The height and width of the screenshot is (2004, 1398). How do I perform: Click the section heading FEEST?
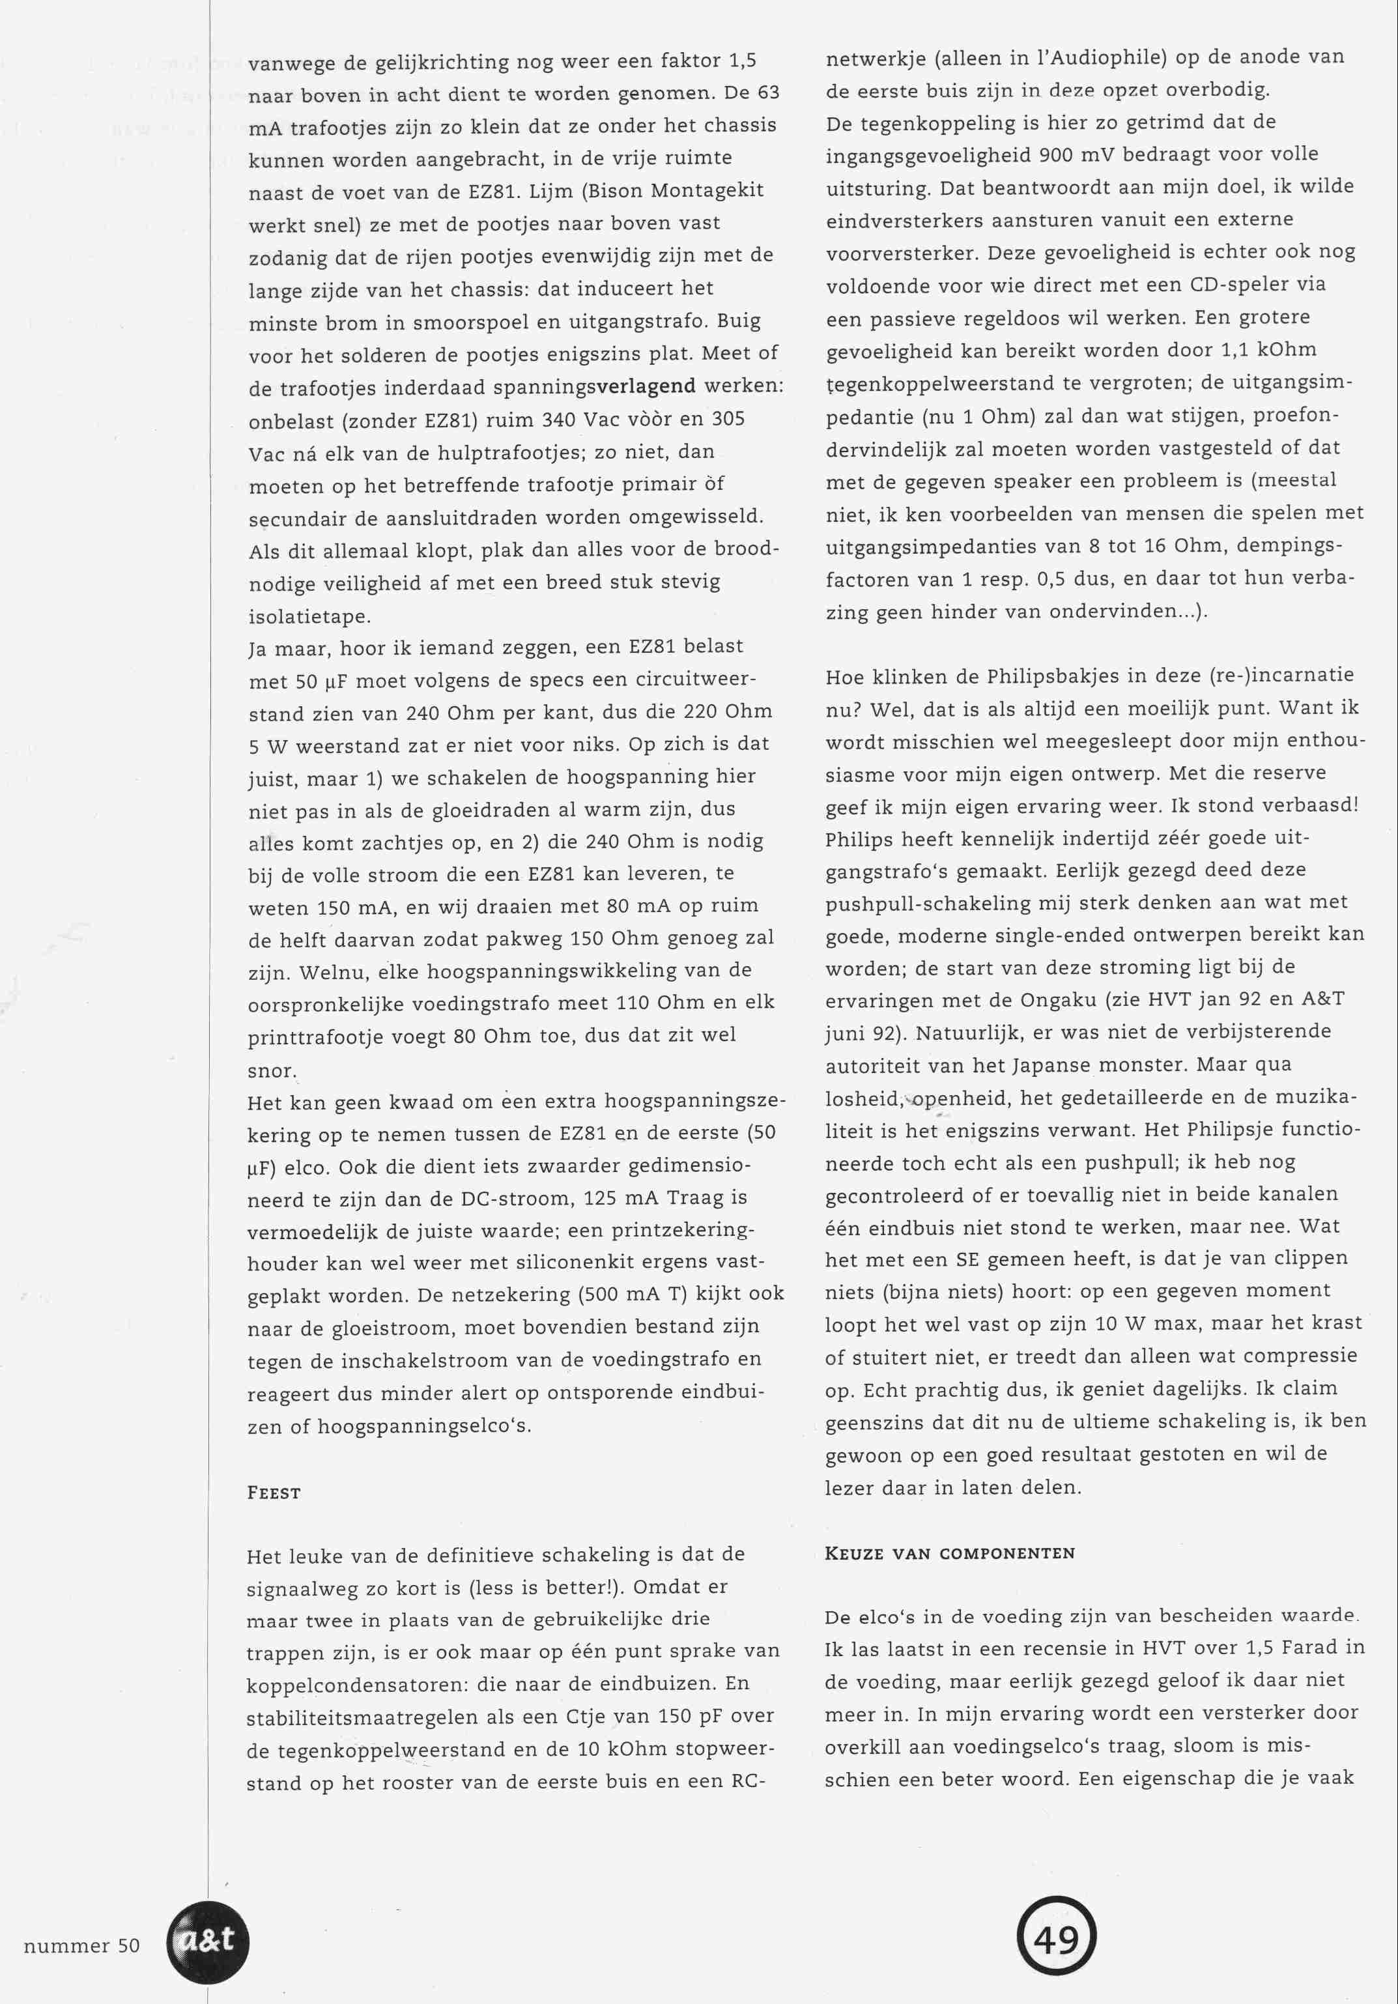[274, 1493]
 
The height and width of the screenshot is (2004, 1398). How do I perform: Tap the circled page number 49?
[1056, 1940]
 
